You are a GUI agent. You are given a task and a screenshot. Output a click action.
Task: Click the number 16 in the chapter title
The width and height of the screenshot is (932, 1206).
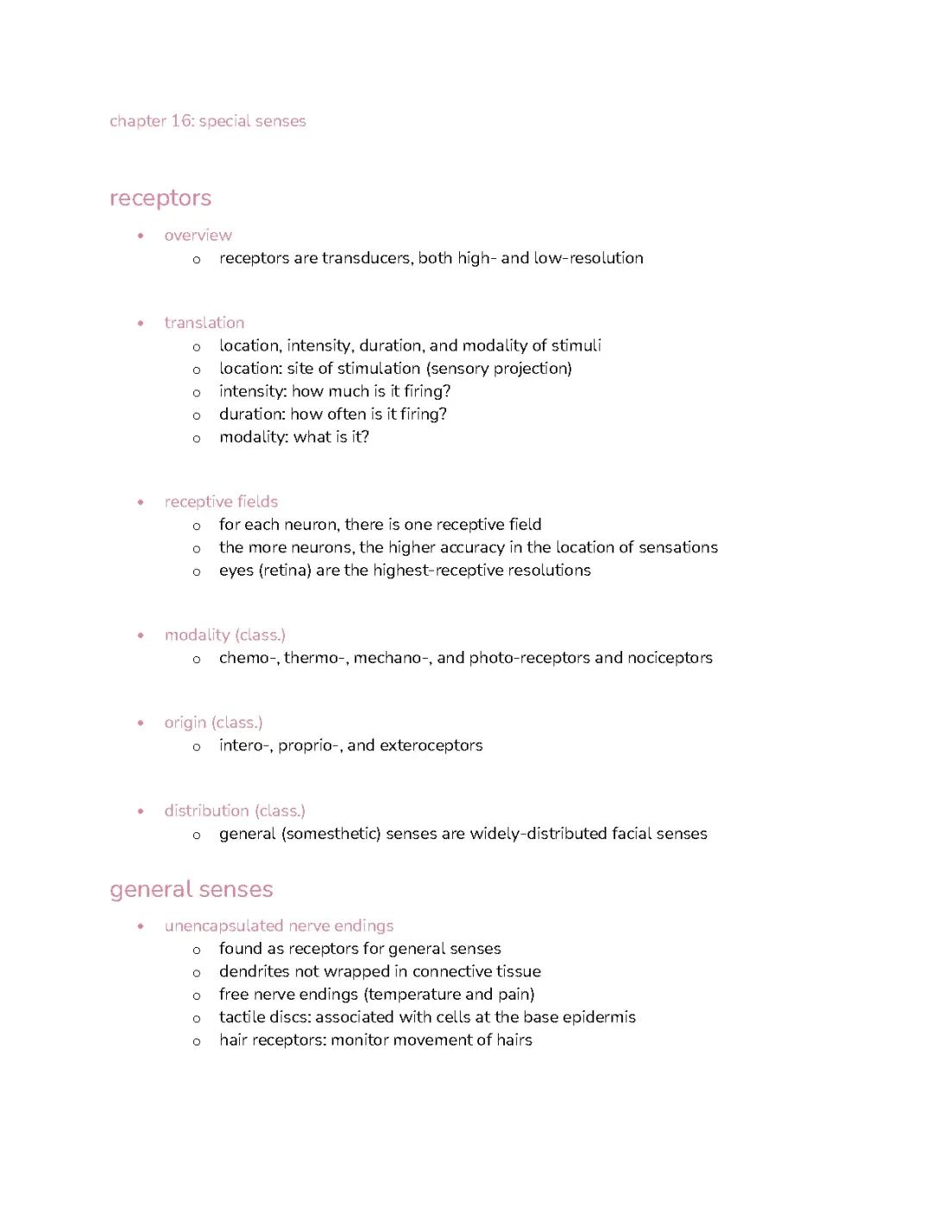pos(181,121)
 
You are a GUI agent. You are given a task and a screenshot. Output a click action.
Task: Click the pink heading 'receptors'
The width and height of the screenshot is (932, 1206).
pos(161,198)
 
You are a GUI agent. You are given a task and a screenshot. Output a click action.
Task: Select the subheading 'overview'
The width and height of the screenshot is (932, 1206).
pos(198,235)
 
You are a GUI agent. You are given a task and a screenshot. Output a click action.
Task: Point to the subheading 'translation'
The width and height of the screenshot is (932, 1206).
pos(204,323)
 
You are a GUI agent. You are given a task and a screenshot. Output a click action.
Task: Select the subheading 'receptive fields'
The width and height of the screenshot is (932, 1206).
pos(221,502)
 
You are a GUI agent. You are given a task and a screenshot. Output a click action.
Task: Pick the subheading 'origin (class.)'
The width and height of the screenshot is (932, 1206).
pos(213,723)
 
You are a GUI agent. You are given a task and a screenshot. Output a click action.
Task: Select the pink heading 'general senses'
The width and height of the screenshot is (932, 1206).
pos(191,889)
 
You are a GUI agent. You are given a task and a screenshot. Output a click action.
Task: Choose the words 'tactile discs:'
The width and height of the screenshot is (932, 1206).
pos(264,1018)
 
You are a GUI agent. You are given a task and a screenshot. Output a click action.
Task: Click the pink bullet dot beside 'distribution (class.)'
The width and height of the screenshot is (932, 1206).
pos(141,811)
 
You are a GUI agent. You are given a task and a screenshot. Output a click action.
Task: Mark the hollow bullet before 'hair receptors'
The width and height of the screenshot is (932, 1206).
pos(197,1042)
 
